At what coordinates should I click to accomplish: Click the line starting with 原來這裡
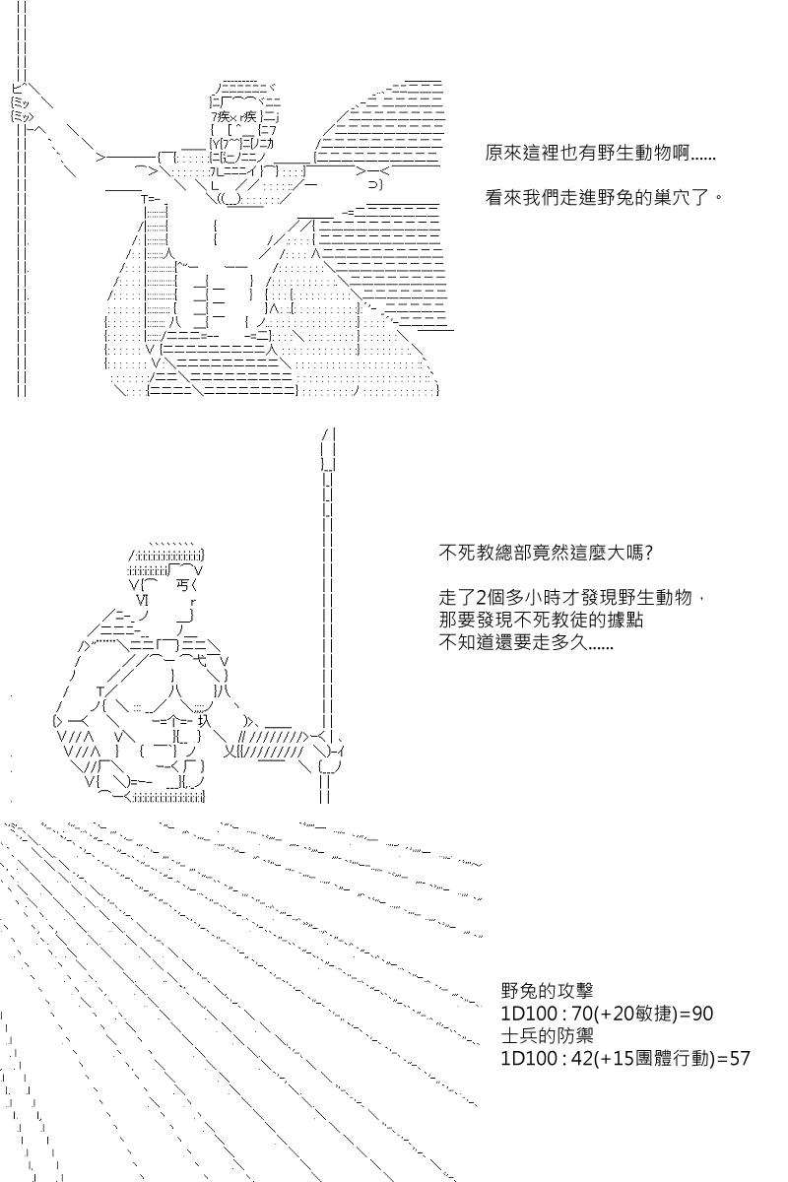point(600,154)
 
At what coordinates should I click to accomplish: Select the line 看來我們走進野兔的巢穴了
point(604,198)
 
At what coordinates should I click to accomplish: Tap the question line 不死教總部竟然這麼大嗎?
point(547,553)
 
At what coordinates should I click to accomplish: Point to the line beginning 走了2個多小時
point(571,597)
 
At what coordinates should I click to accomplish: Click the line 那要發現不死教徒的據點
point(541,620)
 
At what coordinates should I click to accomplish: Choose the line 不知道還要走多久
point(526,642)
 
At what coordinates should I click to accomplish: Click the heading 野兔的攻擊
point(547,991)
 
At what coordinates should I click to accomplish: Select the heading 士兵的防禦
point(547,1035)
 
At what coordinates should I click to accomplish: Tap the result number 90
point(702,1014)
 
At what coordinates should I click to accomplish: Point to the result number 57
point(739,1058)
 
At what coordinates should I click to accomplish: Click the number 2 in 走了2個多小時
point(481,598)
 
